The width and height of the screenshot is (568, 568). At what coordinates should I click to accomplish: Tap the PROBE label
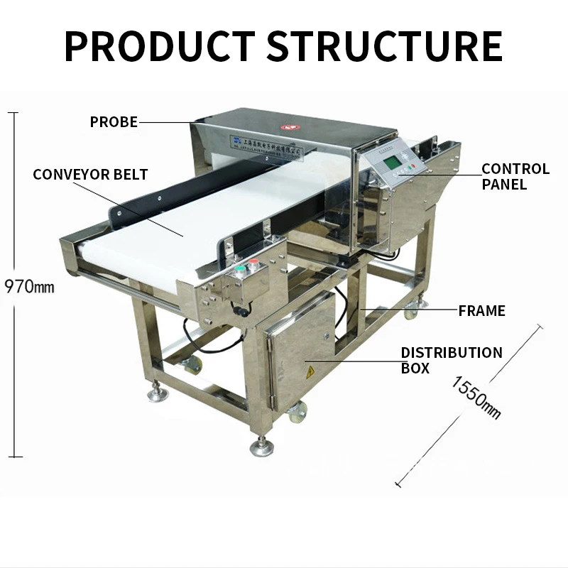pos(114,122)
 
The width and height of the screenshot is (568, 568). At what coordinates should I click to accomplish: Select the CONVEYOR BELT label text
pos(90,174)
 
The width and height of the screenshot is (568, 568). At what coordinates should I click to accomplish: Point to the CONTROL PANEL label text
pos(515,177)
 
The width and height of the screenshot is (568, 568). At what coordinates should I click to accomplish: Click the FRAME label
pos(481,310)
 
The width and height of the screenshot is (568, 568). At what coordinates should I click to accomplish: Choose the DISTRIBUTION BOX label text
pos(451,360)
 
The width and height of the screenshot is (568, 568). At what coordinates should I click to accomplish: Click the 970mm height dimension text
pos(29,288)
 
